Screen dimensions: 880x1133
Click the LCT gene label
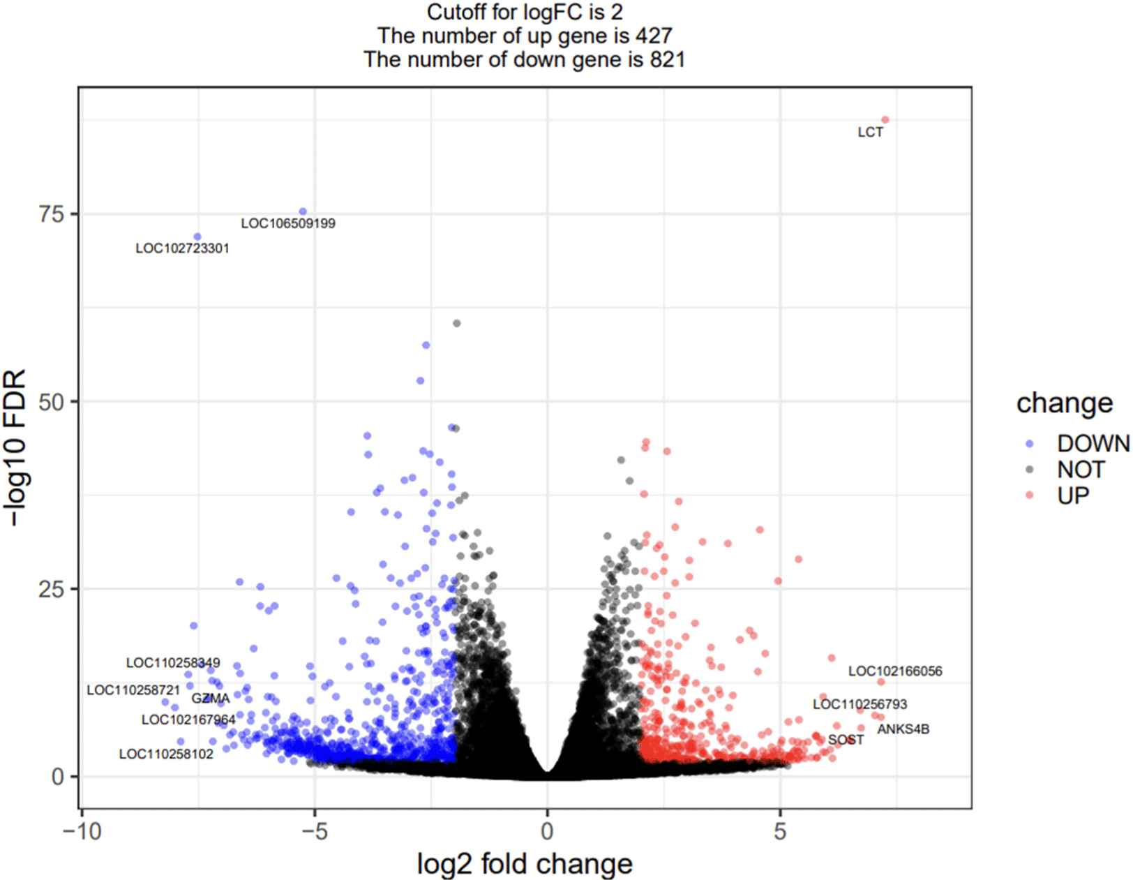[x=870, y=133]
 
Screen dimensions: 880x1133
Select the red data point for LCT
[x=885, y=120]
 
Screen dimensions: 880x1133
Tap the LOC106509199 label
[x=288, y=223]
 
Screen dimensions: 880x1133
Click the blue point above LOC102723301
[x=197, y=237]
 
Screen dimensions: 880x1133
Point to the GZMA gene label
[x=210, y=699]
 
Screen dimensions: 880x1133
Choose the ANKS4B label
[x=903, y=729]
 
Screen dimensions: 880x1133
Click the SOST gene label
[x=846, y=740]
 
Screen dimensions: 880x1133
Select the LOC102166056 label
[x=895, y=671]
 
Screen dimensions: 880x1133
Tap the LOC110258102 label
[x=166, y=754]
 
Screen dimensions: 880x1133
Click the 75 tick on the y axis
[x=52, y=214]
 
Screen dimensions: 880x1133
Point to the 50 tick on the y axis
[x=52, y=401]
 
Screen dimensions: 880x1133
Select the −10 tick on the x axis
[x=82, y=831]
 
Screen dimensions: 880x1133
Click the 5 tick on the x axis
[x=780, y=831]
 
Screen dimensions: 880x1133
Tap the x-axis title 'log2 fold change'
[x=525, y=864]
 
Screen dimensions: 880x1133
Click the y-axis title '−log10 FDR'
[x=15, y=447]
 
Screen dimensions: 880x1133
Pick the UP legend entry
[x=1073, y=495]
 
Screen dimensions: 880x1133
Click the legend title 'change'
[x=1065, y=403]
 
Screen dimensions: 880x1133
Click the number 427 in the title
[x=653, y=36]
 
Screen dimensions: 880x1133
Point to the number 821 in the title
[x=667, y=60]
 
